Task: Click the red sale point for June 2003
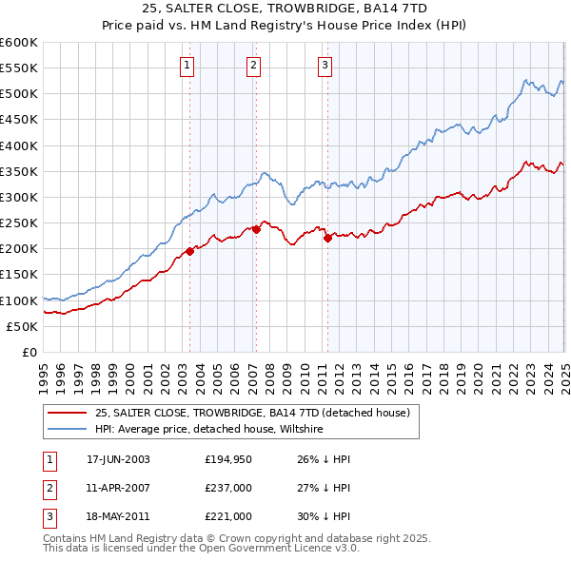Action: point(189,251)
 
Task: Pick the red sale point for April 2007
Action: point(256,229)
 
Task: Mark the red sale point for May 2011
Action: point(327,238)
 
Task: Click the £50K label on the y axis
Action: point(23,326)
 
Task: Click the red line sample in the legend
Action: point(67,413)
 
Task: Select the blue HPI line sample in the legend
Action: point(67,429)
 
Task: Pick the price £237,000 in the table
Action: point(227,488)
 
